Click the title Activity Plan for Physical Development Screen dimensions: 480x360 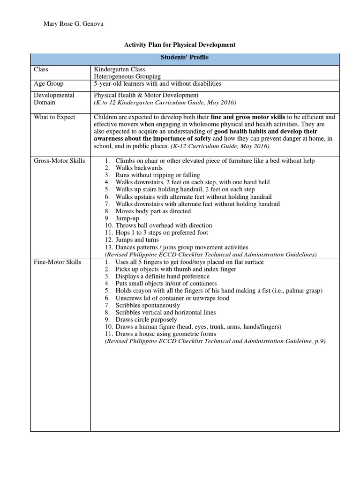[x=180, y=45]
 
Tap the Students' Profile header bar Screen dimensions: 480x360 [x=185, y=58]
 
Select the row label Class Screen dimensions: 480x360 [x=41, y=69]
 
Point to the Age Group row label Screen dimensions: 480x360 [x=48, y=84]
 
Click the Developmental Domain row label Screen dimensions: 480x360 [x=54, y=99]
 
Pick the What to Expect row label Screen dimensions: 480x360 [x=54, y=117]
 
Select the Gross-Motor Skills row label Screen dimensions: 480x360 [x=59, y=161]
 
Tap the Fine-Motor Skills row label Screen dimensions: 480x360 [x=57, y=262]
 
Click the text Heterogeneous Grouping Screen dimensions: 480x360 [x=127, y=76]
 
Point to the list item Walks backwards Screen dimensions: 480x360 [x=139, y=168]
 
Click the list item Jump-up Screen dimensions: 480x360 [x=127, y=218]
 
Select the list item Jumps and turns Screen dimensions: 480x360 [x=137, y=240]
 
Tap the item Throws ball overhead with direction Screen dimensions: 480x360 [x=164, y=225]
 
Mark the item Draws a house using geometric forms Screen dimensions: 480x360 [x=166, y=334]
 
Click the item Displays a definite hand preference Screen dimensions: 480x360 [x=163, y=277]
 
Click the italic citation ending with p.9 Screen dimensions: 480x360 [x=215, y=342]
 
